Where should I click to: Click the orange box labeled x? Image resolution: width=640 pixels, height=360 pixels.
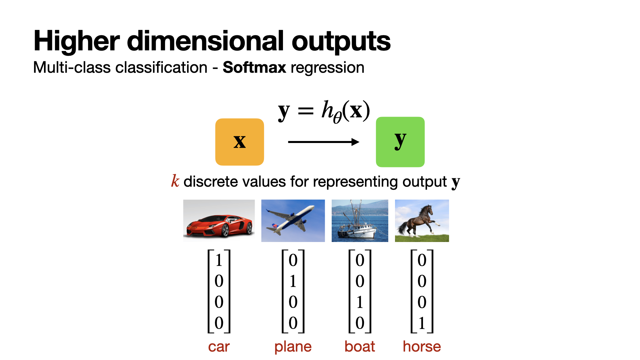240,142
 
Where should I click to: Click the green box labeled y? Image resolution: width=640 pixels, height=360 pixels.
400,142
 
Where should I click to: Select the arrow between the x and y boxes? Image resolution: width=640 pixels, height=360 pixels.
323,142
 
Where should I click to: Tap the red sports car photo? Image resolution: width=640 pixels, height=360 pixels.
219,221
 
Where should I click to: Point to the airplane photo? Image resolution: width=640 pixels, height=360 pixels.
293,221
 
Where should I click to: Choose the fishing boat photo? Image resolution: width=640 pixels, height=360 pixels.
360,221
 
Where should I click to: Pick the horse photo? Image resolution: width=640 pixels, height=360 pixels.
422,221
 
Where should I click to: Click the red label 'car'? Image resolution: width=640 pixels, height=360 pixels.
219,347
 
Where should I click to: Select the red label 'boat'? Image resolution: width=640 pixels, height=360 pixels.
360,346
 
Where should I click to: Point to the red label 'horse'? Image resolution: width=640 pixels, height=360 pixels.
422,346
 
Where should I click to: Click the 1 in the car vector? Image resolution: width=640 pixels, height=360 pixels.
219,260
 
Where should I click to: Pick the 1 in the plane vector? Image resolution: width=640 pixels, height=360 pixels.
293,281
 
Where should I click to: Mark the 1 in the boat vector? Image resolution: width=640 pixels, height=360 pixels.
360,302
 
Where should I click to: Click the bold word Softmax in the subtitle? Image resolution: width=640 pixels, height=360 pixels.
254,67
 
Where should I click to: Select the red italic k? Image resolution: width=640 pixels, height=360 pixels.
175,181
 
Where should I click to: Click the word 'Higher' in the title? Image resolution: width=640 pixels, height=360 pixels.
77,41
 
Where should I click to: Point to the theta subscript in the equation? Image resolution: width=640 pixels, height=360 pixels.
337,117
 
